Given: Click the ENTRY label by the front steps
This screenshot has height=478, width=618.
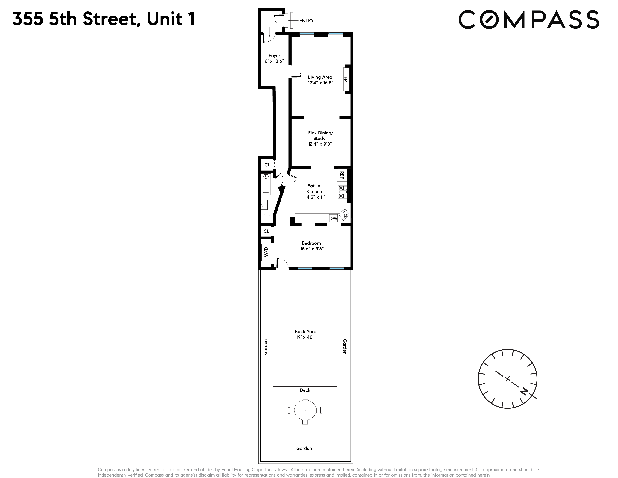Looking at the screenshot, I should tap(306, 20).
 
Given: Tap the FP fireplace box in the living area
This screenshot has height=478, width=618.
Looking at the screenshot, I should tap(346, 79).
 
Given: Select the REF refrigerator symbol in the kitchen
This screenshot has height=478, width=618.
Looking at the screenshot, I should tap(342, 175).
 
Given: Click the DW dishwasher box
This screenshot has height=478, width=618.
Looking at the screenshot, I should tap(333, 218).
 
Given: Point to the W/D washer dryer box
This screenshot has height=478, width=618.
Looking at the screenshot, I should tap(266, 252).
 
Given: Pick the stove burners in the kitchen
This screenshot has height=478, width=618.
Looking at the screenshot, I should tap(343, 192).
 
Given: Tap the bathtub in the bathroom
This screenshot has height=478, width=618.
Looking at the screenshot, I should tap(266, 184).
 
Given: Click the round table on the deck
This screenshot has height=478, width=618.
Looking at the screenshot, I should tap(305, 410).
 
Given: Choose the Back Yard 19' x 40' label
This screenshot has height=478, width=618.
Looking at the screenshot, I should tap(305, 334).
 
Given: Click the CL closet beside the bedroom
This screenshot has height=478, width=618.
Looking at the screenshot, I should tap(266, 231).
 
